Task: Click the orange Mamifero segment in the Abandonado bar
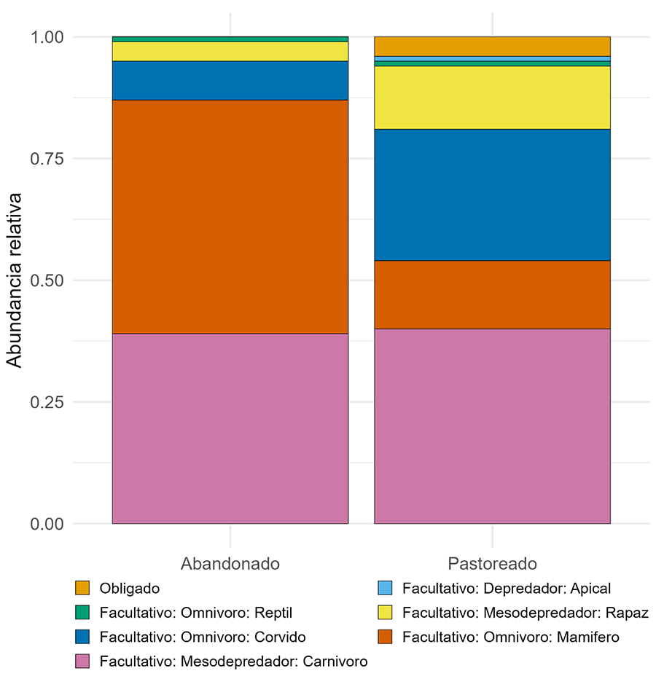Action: tap(230, 216)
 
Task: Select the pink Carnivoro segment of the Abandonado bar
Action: tap(230, 428)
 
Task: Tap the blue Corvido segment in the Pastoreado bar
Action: tap(492, 195)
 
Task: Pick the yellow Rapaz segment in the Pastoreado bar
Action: tap(492, 98)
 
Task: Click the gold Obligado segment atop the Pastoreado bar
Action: tap(492, 46)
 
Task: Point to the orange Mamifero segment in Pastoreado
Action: tap(492, 294)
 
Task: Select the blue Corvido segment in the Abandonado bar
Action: tap(230, 80)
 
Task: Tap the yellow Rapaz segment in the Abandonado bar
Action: tap(230, 51)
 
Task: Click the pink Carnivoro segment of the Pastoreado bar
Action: tap(492, 425)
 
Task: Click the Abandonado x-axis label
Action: tap(230, 564)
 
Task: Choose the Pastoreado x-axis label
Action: tap(492, 564)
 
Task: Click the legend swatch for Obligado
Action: tap(82, 588)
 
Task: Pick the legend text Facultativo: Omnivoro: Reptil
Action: tap(196, 613)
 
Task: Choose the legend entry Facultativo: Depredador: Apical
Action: tap(507, 588)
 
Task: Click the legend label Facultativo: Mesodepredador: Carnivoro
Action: tap(233, 662)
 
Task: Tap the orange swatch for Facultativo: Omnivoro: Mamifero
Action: tap(386, 637)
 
